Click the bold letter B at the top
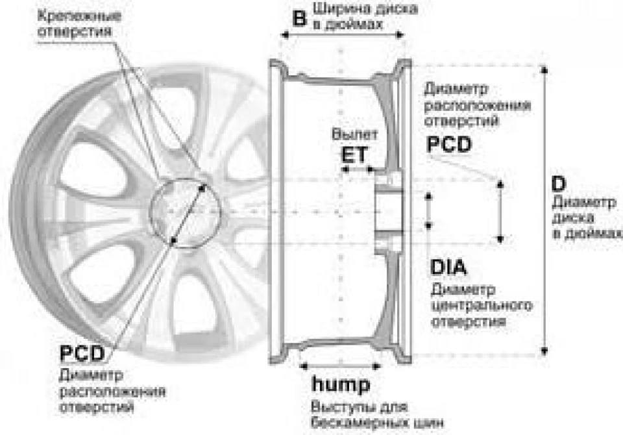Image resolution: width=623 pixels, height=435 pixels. [x=300, y=19]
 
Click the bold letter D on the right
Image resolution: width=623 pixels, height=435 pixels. [x=558, y=184]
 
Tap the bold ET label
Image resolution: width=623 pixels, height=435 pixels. [x=354, y=155]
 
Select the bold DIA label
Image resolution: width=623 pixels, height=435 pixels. [x=448, y=267]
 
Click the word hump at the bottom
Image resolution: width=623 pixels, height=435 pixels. [x=341, y=384]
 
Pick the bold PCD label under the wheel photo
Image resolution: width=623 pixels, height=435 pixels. [x=82, y=353]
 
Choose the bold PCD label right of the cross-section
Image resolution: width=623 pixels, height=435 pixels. [x=449, y=144]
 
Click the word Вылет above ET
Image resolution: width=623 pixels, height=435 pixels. [x=354, y=134]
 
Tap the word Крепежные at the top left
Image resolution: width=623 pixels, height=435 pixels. [x=79, y=16]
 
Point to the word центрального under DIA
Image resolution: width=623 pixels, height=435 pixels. [x=482, y=306]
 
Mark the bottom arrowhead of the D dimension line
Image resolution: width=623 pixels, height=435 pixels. [x=544, y=351]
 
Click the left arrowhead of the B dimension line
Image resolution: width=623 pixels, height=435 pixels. [x=284, y=36]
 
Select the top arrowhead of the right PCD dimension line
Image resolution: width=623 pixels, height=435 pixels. [x=500, y=184]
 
